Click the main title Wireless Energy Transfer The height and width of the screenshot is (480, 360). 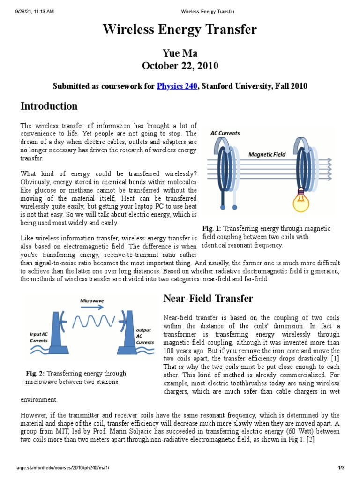coord(180,30)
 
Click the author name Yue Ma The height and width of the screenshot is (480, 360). coord(180,52)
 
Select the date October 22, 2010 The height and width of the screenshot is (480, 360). coord(180,66)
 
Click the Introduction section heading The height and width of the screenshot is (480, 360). coord(49,106)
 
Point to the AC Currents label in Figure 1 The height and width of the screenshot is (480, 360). coord(225,133)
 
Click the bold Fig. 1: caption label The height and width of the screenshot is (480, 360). coord(212,228)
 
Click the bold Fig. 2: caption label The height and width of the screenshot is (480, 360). coord(35,374)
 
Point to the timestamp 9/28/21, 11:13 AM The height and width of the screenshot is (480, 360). coord(31,11)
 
